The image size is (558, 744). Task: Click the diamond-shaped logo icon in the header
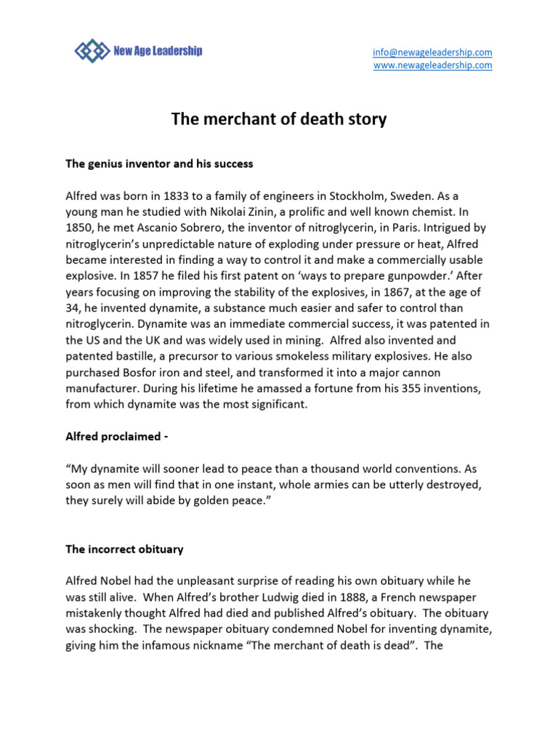92,51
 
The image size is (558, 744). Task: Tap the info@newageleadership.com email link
432,52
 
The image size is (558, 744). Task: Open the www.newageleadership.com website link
432,65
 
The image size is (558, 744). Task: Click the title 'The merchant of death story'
279,119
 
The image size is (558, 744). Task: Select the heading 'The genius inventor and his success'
159,164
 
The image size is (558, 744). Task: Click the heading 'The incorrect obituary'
124,550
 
